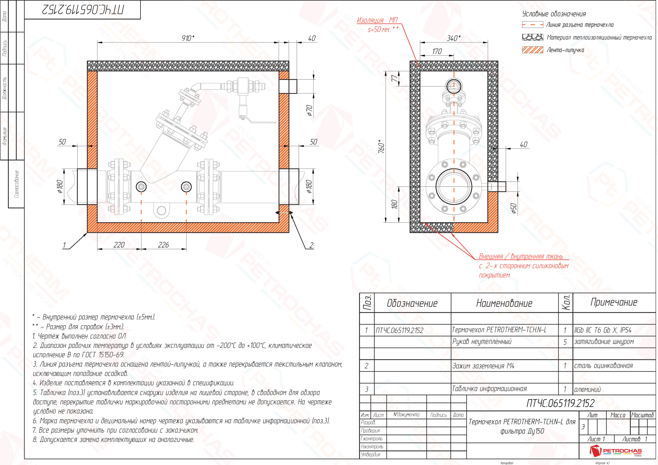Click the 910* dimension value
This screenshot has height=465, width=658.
[188, 38]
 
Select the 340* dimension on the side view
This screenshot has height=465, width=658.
[453, 38]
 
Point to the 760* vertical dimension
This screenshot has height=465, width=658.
[381, 146]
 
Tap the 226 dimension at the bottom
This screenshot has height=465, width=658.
[164, 245]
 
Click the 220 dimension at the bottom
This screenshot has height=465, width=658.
[119, 245]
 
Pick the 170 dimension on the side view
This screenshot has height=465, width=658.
[437, 51]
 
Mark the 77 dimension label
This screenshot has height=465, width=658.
[394, 79]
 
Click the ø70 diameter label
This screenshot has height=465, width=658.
[309, 110]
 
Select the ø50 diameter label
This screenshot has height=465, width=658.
[514, 208]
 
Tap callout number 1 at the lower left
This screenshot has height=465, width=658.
[64, 245]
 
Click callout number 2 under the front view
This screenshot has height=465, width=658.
[311, 245]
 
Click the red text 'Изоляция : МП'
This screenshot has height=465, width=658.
[377, 20]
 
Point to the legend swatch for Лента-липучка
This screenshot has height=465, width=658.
[532, 50]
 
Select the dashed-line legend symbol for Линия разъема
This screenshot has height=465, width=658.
[532, 25]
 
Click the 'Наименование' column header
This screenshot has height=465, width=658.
[504, 303]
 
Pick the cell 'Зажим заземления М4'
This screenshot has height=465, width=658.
[483, 366]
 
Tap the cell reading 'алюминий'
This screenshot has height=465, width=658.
[587, 390]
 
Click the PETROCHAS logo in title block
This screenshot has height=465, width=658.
[615, 451]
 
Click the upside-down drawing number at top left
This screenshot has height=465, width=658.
[83, 10]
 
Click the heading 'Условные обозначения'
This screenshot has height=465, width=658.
[554, 14]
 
